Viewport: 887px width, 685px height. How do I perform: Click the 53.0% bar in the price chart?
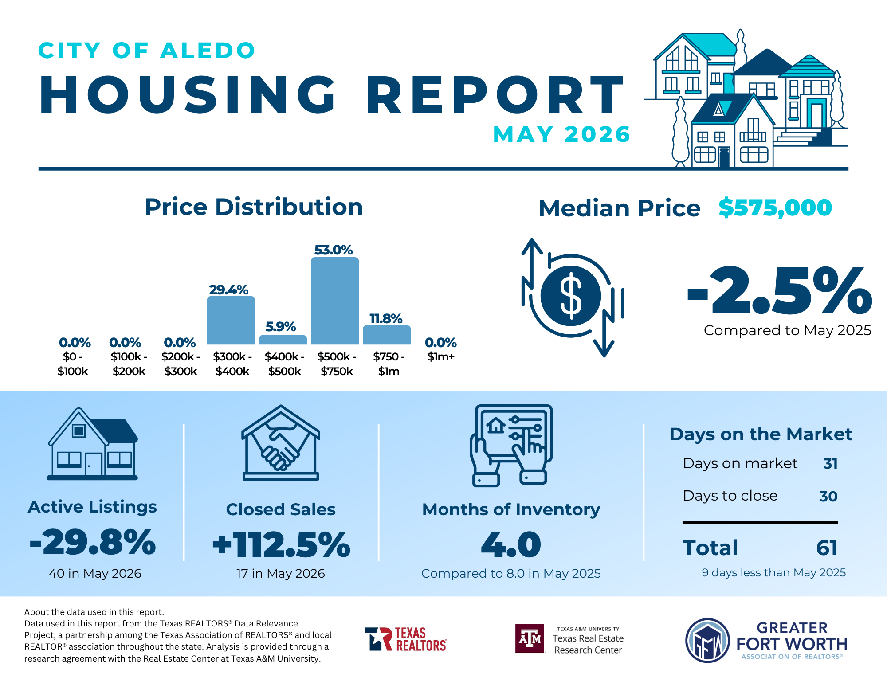click(335, 301)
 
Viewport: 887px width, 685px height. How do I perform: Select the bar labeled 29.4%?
click(231, 320)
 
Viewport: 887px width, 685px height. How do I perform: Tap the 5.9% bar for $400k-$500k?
click(283, 340)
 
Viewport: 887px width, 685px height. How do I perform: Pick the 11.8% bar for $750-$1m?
click(387, 335)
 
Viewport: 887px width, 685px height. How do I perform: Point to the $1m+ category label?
click(441, 356)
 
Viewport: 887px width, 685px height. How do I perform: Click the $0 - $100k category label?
click(73, 364)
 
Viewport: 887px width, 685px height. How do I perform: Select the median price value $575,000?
click(775, 207)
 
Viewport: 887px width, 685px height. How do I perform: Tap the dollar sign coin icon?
click(571, 295)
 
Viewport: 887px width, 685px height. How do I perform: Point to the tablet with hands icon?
click(511, 445)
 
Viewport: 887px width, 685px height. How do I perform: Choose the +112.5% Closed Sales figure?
click(281, 544)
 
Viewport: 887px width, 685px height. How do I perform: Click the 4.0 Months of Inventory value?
click(511, 544)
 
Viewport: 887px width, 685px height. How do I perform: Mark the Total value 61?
click(827, 548)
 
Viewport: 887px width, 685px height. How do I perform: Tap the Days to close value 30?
click(828, 496)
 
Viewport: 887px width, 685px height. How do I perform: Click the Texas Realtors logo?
click(406, 639)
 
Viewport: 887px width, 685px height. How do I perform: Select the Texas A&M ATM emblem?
click(530, 638)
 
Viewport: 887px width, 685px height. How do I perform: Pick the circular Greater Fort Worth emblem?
click(708, 640)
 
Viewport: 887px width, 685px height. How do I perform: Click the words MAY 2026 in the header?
click(561, 134)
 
